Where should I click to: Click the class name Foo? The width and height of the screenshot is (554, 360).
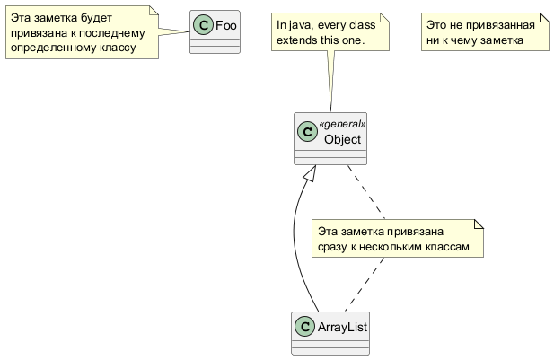click(226, 25)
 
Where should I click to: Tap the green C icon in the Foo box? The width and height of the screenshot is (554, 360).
click(203, 25)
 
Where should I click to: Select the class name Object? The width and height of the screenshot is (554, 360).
click(342, 139)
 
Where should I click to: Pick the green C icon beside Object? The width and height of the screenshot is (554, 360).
click(308, 132)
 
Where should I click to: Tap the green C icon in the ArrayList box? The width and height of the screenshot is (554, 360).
click(305, 327)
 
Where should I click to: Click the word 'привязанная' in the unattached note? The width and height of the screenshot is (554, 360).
click(509, 25)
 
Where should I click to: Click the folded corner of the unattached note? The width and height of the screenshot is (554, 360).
click(543, 18)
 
